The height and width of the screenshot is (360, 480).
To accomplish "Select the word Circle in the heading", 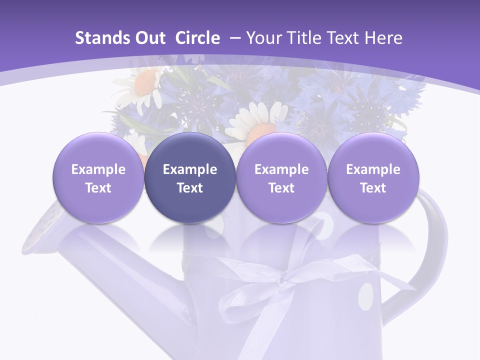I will coord(197,38).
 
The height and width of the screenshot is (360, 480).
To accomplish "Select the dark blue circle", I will coord(190,178).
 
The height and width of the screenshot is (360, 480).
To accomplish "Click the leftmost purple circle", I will coord(98,178).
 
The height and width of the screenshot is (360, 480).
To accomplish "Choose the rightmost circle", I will coord(373,178).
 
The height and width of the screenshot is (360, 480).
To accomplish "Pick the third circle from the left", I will coord(281,178).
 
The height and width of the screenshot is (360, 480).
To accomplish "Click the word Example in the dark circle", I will coord(190,169).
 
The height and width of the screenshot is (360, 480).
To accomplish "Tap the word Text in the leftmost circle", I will coord(98,188).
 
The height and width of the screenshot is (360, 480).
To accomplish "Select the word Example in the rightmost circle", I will coord(373,169).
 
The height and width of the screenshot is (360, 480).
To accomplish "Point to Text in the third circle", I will coord(281,188).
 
